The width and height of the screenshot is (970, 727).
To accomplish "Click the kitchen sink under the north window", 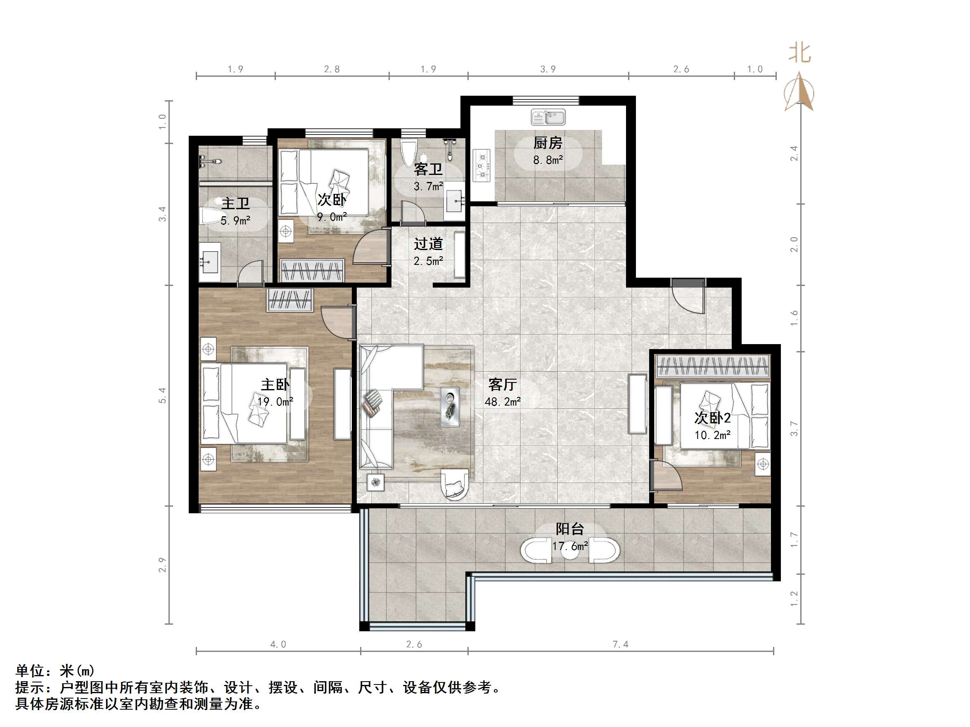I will (x=548, y=117).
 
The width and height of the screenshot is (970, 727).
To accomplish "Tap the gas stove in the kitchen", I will (x=482, y=165).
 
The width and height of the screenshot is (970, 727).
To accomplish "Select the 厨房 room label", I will (x=548, y=143).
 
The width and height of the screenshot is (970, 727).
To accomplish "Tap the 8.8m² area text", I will (x=548, y=160).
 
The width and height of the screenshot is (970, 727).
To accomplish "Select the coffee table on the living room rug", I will (x=450, y=407).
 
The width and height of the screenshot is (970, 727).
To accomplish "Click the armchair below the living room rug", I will (x=454, y=484).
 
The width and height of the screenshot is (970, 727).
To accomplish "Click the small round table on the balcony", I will (x=570, y=551).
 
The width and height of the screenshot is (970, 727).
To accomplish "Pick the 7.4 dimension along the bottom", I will (x=621, y=644).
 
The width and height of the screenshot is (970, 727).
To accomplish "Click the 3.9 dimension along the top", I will (x=548, y=69).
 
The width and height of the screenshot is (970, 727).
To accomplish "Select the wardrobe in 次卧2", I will (x=713, y=366).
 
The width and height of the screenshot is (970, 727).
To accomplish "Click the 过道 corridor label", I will (x=428, y=244).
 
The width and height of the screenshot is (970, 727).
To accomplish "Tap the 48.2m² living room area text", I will (x=503, y=401).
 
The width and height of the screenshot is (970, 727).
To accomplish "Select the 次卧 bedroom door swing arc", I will (x=368, y=248).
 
